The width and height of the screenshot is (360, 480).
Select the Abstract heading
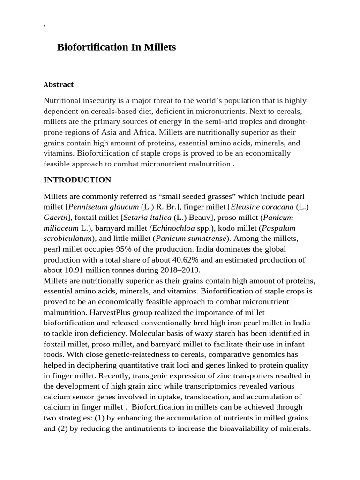pos(59,85)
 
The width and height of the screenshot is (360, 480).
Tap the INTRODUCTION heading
pos(77,180)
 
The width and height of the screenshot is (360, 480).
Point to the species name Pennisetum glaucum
pos(104,207)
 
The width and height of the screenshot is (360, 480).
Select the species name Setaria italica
pos(147,217)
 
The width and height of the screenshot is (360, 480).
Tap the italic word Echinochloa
pos(171,228)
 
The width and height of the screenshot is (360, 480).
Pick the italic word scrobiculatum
pos(67,239)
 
